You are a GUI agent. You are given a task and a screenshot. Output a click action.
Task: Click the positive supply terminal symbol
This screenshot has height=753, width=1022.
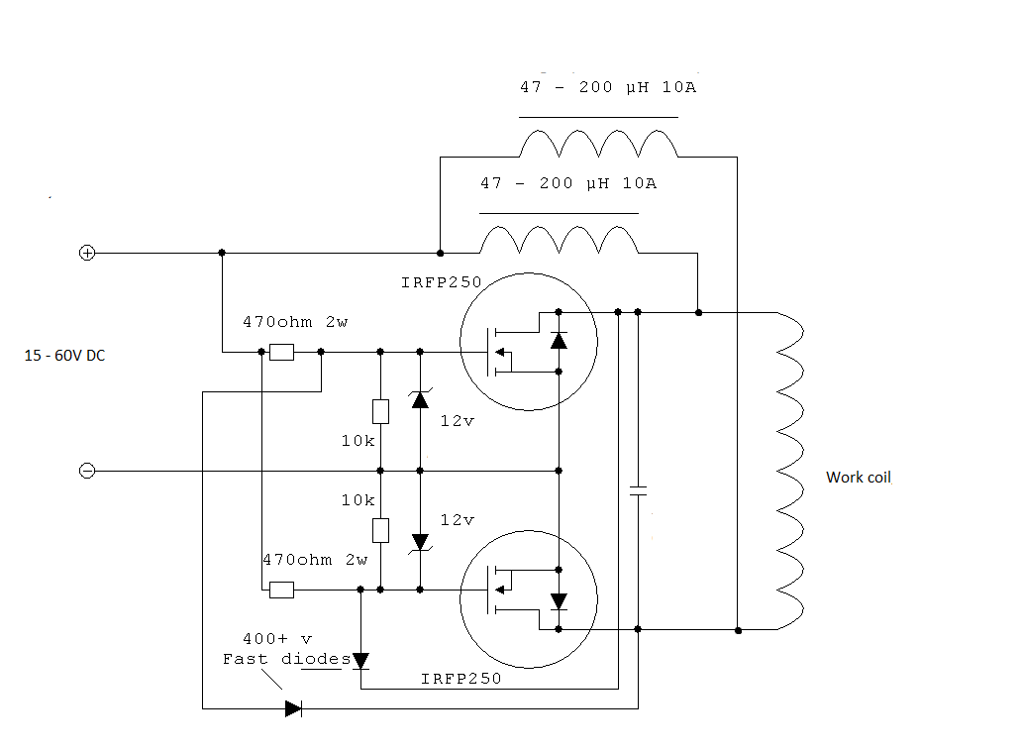coord(87,253)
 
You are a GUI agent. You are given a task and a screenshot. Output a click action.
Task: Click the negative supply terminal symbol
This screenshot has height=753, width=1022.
coord(87,471)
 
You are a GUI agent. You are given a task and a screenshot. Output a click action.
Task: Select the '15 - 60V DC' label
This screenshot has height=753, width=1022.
coord(65,356)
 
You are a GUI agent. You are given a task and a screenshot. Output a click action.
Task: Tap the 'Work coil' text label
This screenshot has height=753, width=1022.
coord(859,478)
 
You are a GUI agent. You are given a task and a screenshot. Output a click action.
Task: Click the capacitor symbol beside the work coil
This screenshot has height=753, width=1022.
coord(638,490)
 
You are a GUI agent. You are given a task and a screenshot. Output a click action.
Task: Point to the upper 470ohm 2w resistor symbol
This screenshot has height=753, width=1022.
coord(282,352)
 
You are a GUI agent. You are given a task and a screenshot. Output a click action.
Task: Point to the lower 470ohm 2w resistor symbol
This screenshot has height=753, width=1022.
coord(282,590)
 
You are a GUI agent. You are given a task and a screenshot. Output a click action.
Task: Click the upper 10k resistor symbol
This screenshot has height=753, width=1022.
coord(380,411)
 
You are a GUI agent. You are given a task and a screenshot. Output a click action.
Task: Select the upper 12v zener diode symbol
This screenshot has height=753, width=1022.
coord(420,399)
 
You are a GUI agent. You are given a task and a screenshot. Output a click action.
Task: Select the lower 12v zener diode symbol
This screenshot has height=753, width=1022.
coord(420,542)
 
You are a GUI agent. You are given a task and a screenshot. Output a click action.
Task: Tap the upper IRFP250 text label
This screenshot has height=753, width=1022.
coord(441,282)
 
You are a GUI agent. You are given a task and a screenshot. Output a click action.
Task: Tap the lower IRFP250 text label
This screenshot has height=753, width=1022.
coord(461,679)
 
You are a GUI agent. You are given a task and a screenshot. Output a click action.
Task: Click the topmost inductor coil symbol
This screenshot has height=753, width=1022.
coord(598,145)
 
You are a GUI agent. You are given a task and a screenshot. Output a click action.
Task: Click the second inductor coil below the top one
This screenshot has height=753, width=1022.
coord(559,240)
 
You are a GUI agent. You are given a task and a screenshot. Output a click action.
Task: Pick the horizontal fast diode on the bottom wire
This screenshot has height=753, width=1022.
coord(293,708)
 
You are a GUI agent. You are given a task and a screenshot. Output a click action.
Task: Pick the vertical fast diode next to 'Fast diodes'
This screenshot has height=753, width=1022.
coord(360,660)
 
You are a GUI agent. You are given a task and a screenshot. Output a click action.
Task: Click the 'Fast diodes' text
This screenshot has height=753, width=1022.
coord(286,659)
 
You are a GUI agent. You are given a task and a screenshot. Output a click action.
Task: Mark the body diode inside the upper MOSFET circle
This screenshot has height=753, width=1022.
coord(559,341)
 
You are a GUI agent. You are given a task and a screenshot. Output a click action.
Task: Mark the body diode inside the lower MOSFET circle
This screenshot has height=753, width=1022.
coord(559,600)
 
